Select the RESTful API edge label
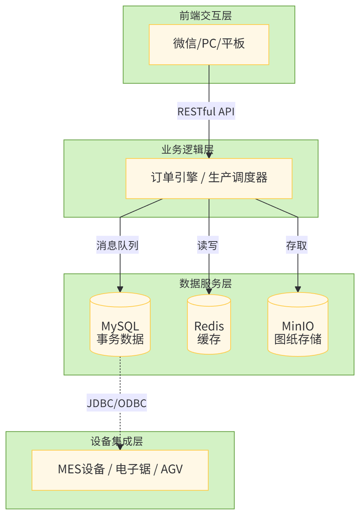[x=206, y=111]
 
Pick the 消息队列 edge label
[x=118, y=245]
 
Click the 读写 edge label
[x=208, y=245]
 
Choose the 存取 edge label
[x=297, y=245]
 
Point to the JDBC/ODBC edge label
[x=117, y=403]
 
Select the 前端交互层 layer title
[x=205, y=16]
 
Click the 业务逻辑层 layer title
[x=187, y=150]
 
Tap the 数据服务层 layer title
[x=205, y=284]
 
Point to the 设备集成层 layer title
[x=117, y=441]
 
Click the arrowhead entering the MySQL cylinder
[x=120, y=289]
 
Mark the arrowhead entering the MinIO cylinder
[x=298, y=289]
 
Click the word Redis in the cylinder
[x=209, y=326]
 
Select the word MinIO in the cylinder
[x=298, y=326]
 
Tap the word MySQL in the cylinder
[x=120, y=326]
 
